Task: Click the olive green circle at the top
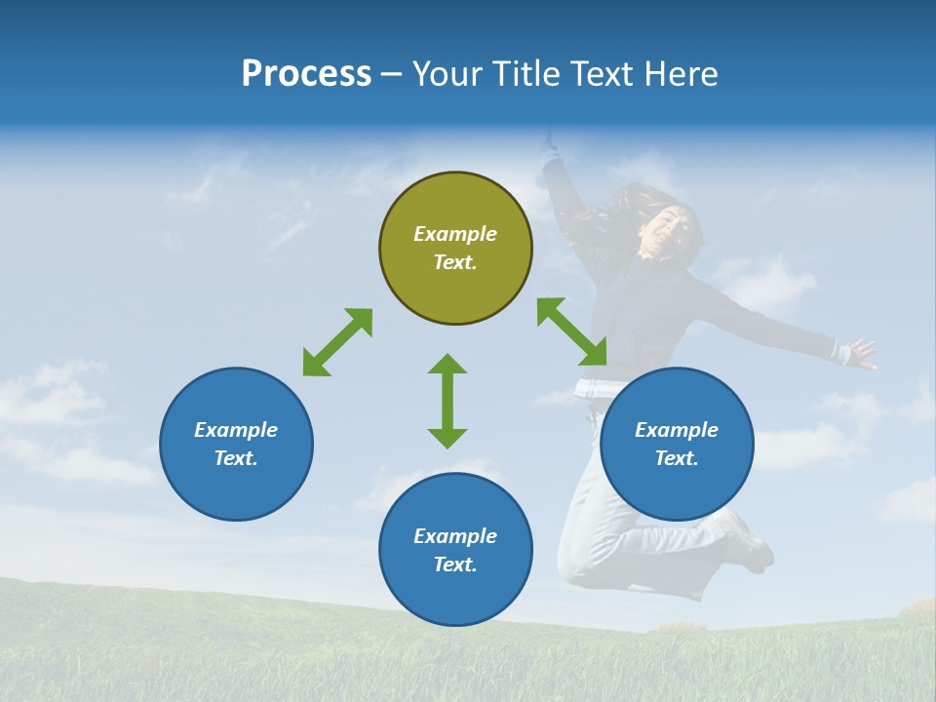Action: [455, 205]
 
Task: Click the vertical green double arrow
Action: [448, 401]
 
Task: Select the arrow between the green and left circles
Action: [337, 342]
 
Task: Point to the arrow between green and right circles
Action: [572, 331]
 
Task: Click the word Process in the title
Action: [306, 73]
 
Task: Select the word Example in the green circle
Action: [455, 234]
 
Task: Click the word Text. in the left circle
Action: [236, 458]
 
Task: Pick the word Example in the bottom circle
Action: [455, 536]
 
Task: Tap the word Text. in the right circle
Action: [677, 458]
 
